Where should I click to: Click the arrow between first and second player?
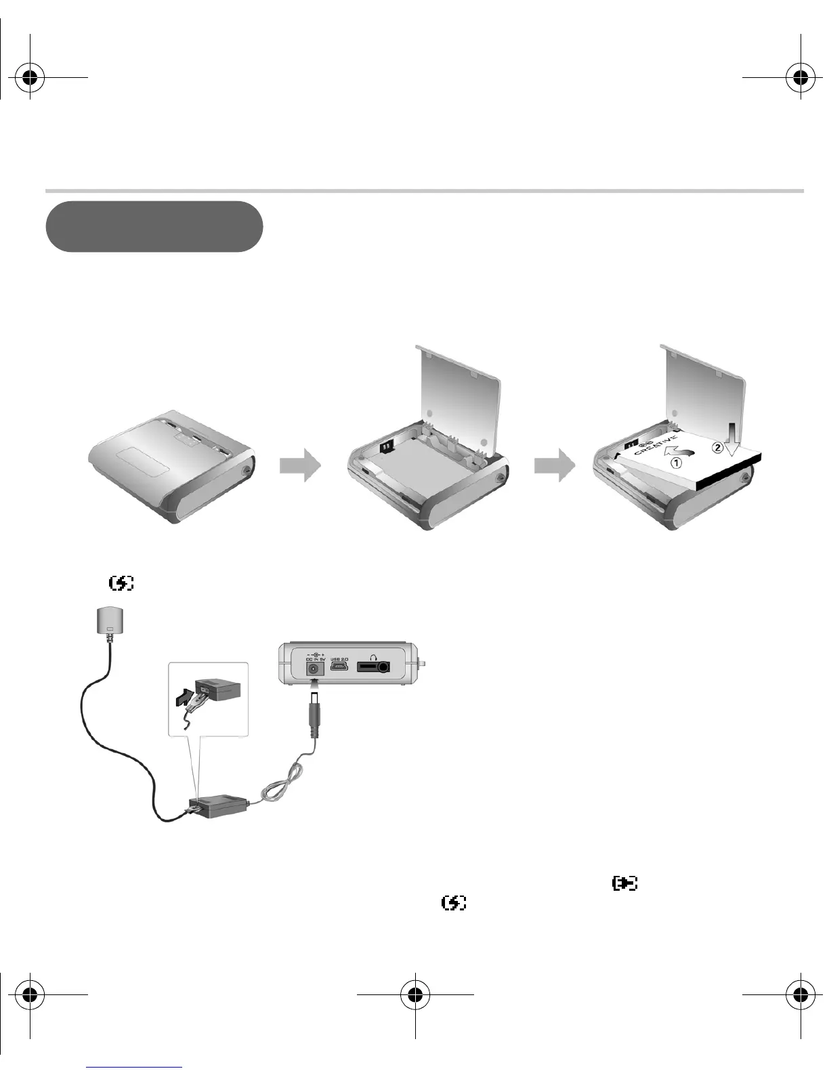pos(300,465)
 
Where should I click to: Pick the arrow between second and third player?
pos(555,465)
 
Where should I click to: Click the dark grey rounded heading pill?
pos(154,226)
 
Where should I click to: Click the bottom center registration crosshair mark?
pos(414,994)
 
